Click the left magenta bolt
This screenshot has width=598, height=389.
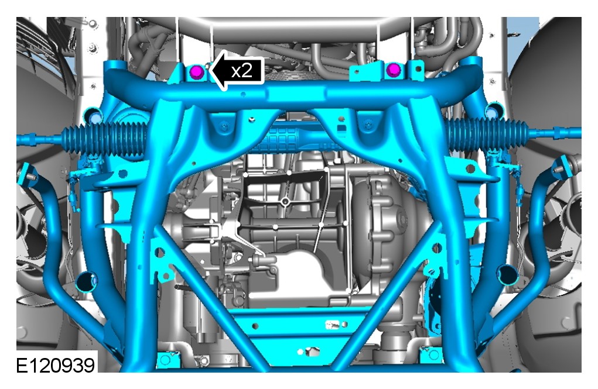197,71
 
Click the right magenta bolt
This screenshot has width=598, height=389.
393,70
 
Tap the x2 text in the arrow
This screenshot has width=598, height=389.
242,70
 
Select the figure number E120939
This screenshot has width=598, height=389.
55,366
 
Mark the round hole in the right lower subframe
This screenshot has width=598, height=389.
508,275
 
